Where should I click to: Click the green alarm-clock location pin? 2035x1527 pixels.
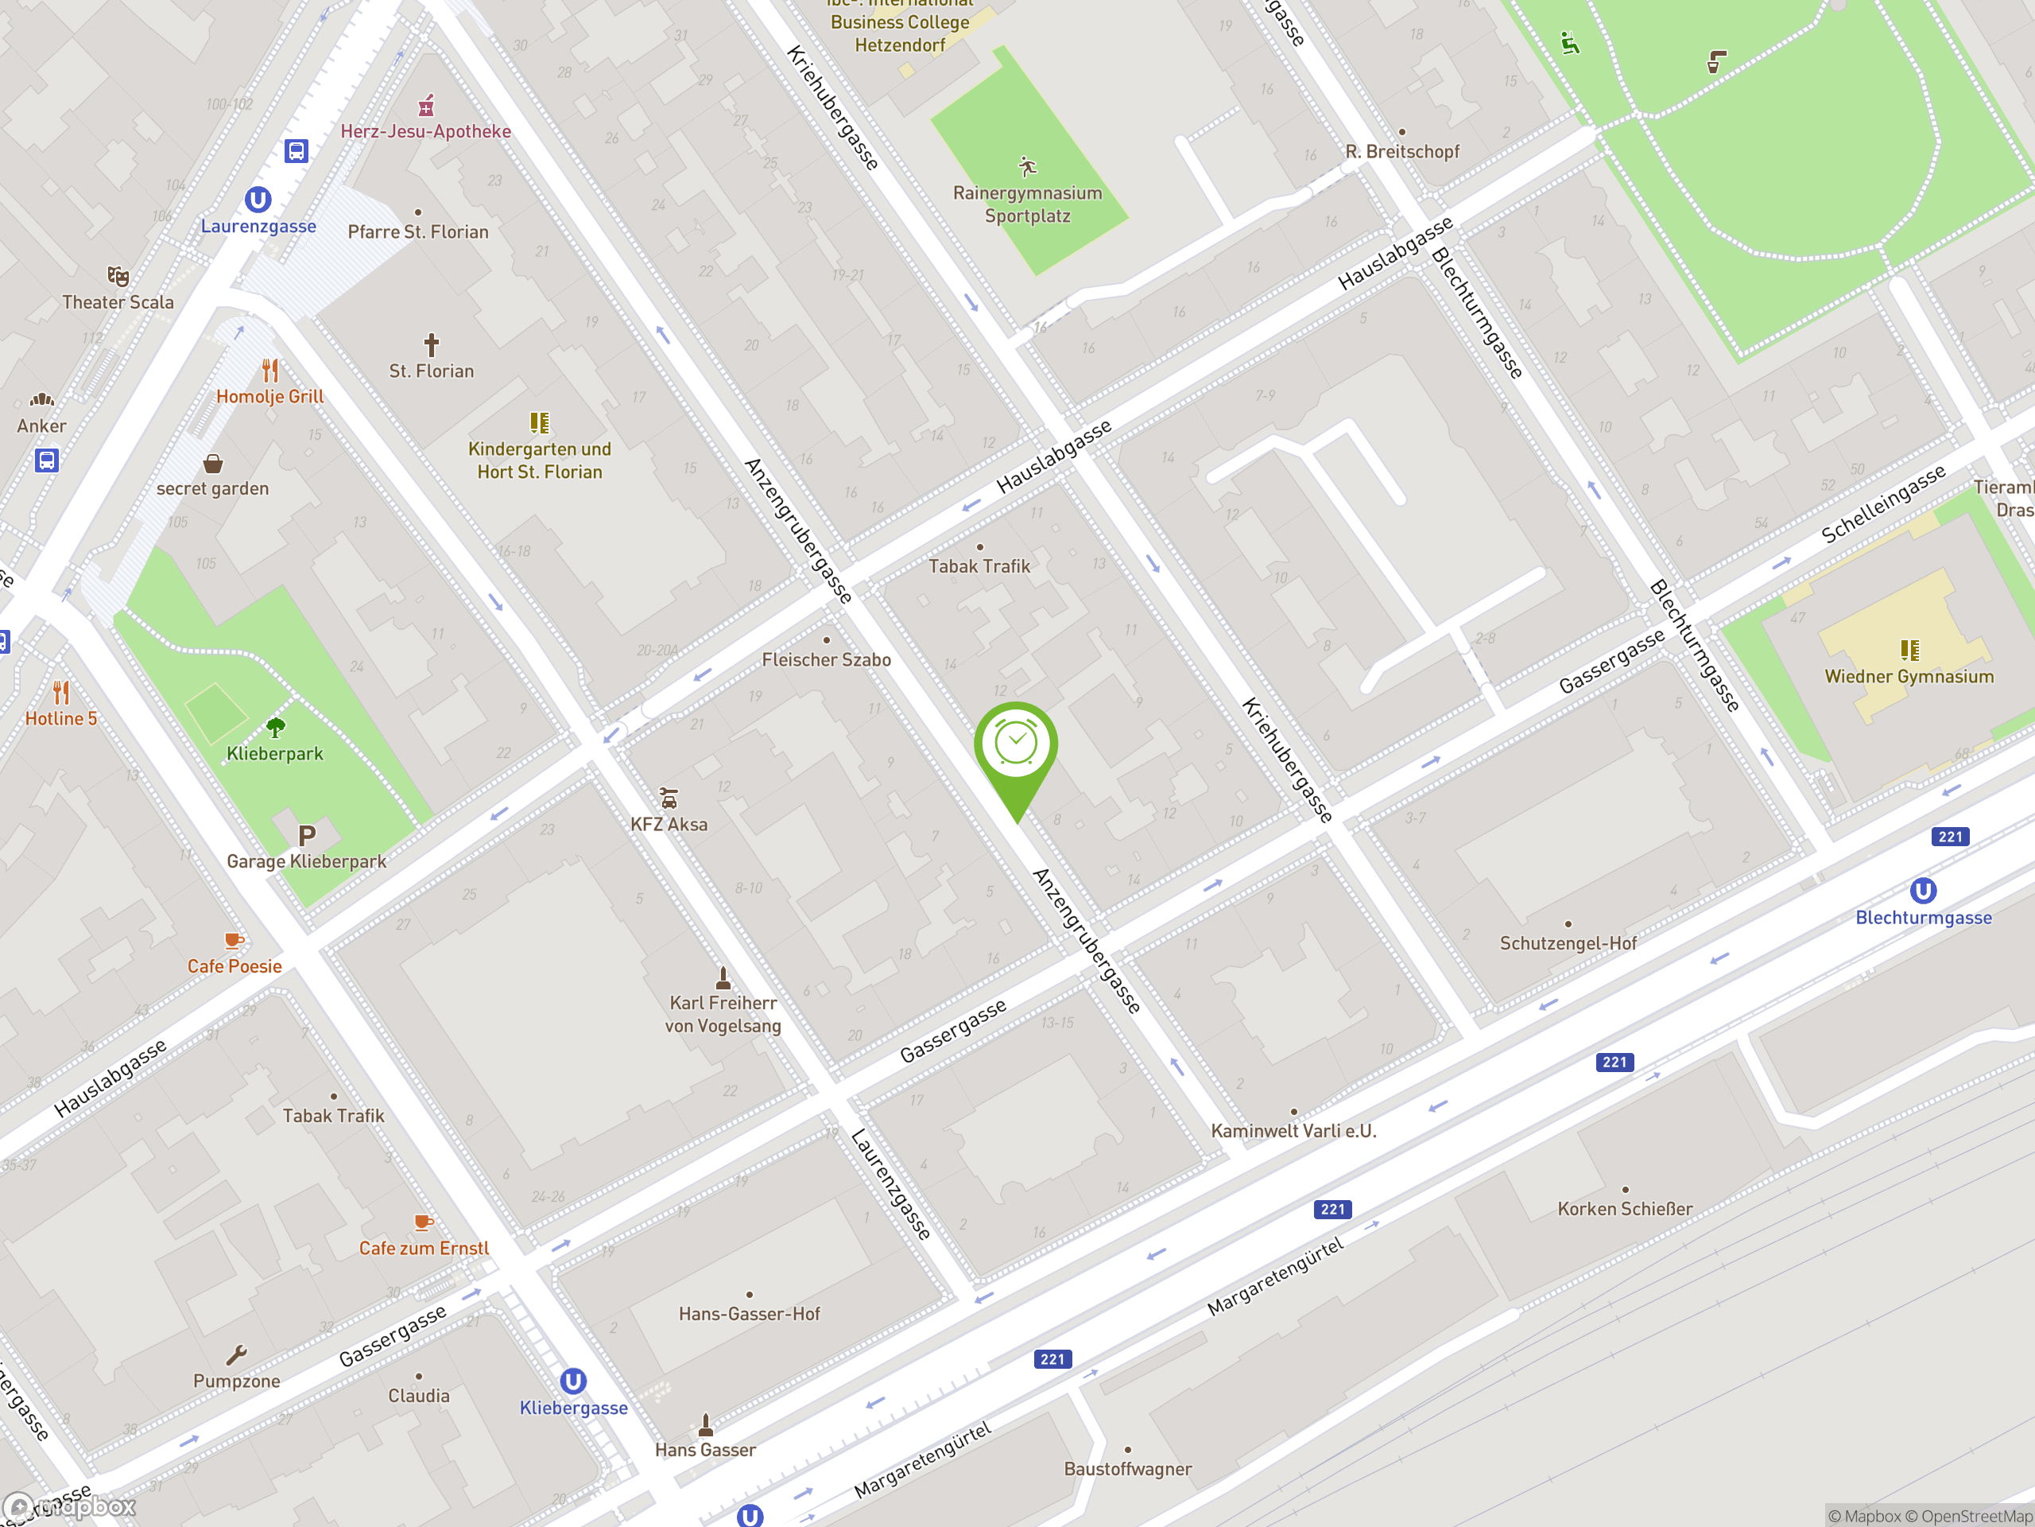(1016, 745)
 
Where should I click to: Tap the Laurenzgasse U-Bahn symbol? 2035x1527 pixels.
(258, 200)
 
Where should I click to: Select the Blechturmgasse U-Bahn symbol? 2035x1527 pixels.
(1923, 891)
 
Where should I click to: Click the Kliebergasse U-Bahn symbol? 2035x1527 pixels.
(573, 1381)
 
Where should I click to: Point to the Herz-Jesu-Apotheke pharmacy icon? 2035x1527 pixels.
(426, 106)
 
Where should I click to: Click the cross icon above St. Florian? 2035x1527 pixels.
(431, 345)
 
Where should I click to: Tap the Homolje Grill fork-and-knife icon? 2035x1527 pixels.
(269, 371)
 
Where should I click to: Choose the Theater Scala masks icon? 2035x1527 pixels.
(118, 276)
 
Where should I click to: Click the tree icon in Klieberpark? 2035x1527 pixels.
(275, 728)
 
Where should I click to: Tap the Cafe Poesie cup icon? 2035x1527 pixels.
(234, 941)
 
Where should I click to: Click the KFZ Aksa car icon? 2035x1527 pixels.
(669, 798)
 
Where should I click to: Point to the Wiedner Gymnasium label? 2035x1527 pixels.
(1909, 677)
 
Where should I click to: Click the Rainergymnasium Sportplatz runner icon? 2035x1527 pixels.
(1028, 166)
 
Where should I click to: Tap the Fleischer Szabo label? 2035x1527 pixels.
(826, 660)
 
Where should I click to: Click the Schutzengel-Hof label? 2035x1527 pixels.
(1568, 943)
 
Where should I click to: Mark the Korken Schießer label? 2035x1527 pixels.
(1625, 1210)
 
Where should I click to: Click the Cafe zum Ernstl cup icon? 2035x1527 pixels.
(423, 1222)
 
